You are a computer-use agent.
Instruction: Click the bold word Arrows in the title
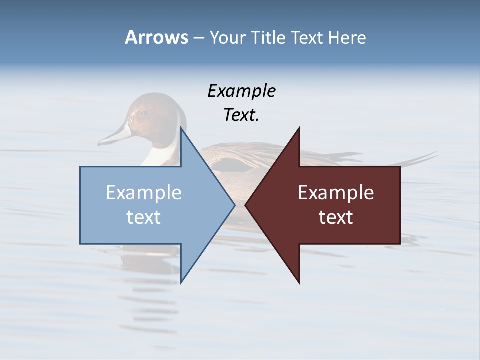(x=156, y=37)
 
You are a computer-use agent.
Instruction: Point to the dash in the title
(x=198, y=38)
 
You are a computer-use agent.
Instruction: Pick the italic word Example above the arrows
(x=241, y=91)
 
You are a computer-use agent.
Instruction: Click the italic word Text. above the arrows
(x=241, y=115)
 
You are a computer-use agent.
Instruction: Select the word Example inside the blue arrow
(x=144, y=192)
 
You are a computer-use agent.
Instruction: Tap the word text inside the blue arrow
(x=144, y=217)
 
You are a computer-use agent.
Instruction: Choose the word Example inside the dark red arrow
(x=336, y=192)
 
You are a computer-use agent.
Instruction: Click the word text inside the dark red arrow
(x=336, y=217)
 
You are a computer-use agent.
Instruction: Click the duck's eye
(x=144, y=113)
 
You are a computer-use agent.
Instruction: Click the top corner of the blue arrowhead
(x=181, y=128)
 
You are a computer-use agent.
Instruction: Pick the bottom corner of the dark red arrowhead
(x=299, y=282)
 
